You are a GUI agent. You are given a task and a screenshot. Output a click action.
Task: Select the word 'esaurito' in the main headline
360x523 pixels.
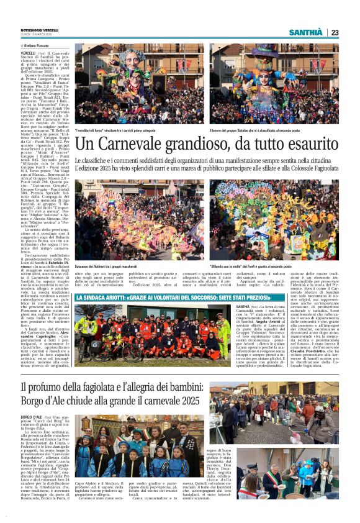pyautogui.click(x=308, y=145)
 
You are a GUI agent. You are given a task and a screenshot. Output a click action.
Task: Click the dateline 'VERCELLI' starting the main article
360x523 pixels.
pyautogui.click(x=28, y=54)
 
